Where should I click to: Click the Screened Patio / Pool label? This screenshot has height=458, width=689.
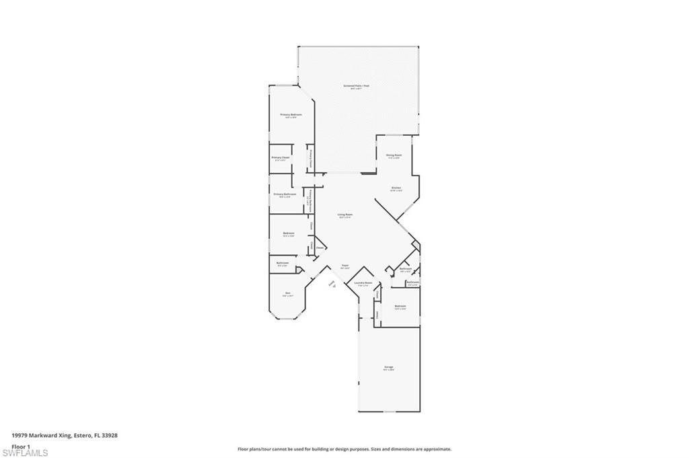coord(356,86)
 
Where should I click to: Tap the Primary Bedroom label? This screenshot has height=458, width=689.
coord(291,115)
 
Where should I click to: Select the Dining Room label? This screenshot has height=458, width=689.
coord(394,155)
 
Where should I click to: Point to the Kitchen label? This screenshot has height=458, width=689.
coord(396,188)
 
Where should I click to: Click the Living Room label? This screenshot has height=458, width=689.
coord(345,215)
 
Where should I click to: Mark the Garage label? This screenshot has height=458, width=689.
coord(389,367)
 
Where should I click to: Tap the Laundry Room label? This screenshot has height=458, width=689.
coord(363,283)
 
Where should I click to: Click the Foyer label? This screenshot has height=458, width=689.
coord(344,266)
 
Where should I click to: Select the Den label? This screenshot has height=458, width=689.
coord(288,293)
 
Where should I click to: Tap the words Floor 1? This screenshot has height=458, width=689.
coord(22,446)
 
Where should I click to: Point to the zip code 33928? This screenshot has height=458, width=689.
coord(110,435)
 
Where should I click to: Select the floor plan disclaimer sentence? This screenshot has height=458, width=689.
coord(344,449)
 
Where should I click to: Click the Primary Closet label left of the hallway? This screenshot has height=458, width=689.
coord(281,158)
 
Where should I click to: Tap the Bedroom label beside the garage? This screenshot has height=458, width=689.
coord(400,307)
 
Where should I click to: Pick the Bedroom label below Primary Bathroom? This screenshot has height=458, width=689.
coord(288,233)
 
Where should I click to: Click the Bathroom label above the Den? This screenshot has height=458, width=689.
coord(283,263)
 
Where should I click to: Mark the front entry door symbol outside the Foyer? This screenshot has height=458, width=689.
coord(332,284)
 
